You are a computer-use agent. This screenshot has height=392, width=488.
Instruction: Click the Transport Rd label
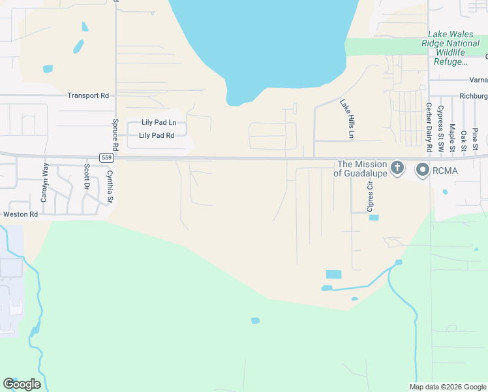[88, 95]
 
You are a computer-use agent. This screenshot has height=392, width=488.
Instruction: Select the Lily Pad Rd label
[156, 136]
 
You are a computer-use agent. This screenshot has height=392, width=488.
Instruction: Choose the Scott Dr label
[86, 177]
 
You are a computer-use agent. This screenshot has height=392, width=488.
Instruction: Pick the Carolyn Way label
[45, 183]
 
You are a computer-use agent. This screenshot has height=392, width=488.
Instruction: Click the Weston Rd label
[20, 214]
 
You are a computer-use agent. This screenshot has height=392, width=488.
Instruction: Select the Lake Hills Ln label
[346, 118]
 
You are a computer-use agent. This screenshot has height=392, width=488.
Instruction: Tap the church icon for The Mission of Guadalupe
[397, 169]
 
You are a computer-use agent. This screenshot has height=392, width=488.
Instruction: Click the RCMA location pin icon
[422, 170]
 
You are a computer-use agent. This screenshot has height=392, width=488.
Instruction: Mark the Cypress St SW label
[441, 128]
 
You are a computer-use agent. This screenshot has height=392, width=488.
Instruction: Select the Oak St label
[463, 140]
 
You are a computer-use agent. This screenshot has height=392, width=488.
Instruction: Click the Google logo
[22, 384]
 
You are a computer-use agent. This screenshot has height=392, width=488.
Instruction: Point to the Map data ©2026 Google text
[447, 387]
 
